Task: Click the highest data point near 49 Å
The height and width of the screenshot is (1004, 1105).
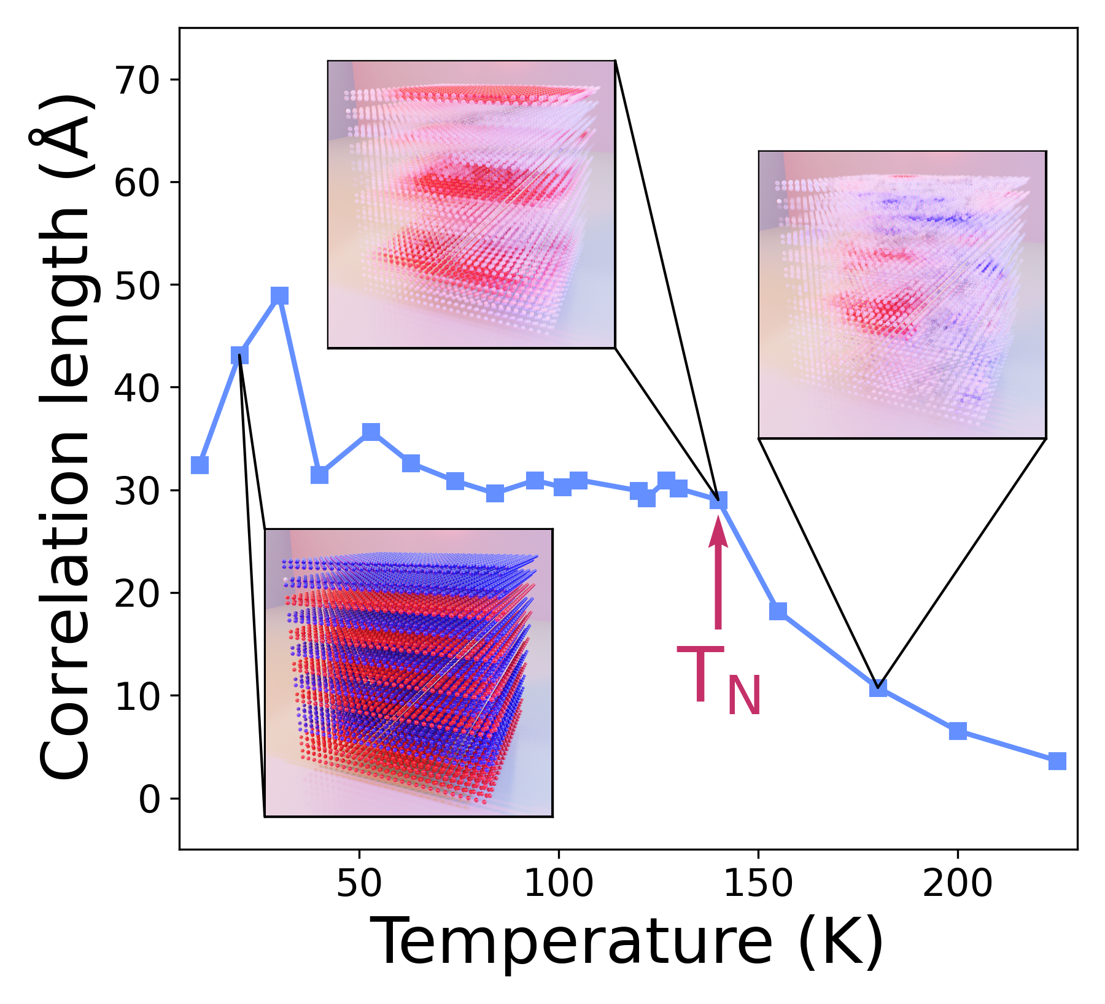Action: point(279,296)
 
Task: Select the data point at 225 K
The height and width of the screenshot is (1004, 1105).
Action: point(1057,761)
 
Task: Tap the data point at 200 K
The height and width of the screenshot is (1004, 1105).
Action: point(958,731)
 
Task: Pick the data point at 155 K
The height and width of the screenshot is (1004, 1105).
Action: point(778,611)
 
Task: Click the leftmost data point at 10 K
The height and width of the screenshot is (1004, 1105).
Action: point(200,465)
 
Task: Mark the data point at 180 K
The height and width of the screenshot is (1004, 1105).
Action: point(878,688)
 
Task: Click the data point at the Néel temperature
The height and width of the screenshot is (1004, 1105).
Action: point(718,500)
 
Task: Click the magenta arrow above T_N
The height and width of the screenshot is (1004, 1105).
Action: point(718,574)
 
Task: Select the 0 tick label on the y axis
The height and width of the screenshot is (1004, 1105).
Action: point(150,800)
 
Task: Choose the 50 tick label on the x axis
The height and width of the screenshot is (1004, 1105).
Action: point(359,884)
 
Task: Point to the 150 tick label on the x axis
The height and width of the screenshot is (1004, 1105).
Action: point(758,884)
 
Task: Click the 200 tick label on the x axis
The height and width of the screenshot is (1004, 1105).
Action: point(958,884)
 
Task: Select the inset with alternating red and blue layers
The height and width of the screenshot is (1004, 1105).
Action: point(409,673)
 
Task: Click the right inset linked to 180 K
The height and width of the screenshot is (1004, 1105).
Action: point(902,295)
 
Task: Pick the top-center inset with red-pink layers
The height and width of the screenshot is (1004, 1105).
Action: point(471,204)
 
